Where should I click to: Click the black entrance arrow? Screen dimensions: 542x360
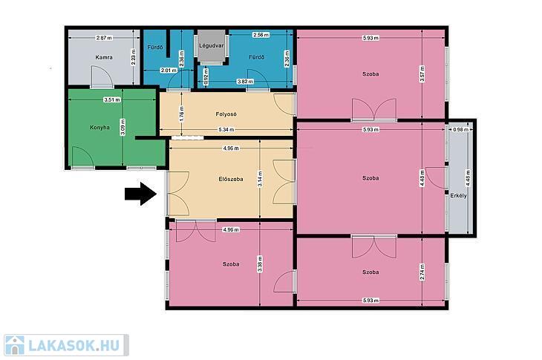[x=141, y=194]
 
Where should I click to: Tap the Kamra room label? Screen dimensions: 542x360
[x=104, y=57]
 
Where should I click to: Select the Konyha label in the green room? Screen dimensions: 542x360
[x=100, y=128]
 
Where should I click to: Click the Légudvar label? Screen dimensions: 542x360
[x=212, y=45]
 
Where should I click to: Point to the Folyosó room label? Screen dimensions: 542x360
[x=226, y=114]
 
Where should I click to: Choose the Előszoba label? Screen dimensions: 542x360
[x=231, y=179]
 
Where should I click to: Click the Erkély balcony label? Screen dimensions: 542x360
[x=458, y=195]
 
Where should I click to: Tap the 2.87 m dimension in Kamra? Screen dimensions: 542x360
[x=104, y=38]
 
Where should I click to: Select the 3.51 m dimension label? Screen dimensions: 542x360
[x=112, y=100]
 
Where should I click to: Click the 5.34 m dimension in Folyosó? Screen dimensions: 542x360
[x=226, y=130]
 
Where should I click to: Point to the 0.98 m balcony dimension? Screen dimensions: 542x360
[x=460, y=130]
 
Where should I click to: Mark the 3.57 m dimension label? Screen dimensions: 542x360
[x=422, y=74]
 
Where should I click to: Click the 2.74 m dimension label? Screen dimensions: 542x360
[x=422, y=272]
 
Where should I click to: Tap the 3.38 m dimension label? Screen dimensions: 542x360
[x=260, y=264]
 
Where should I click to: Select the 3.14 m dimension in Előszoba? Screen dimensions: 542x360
[x=260, y=179]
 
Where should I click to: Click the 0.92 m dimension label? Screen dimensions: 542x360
[x=206, y=76]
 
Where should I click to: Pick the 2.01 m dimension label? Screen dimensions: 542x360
[x=169, y=71]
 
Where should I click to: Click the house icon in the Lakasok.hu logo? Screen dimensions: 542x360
[x=15, y=345]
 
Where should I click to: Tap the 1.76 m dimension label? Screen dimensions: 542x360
[x=182, y=114]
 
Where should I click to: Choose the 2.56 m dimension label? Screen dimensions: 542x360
[x=261, y=35]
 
